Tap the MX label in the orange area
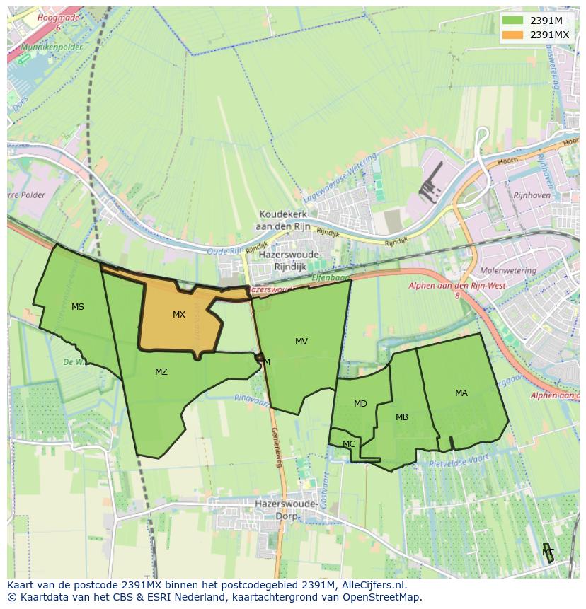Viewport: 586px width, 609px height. pos(179,315)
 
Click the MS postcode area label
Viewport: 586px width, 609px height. pos(78,307)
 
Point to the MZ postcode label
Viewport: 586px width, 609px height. pos(161,372)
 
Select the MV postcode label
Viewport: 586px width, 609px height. pos(301,342)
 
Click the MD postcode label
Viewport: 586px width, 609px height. pos(360,404)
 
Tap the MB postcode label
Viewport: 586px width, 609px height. pos(402,417)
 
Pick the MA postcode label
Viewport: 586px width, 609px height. pos(461,393)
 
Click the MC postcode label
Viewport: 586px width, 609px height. pos(349,444)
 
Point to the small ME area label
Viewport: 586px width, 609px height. pos(548,552)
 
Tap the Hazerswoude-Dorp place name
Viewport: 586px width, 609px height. pos(282,509)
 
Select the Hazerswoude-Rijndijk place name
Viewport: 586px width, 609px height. pos(290,260)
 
